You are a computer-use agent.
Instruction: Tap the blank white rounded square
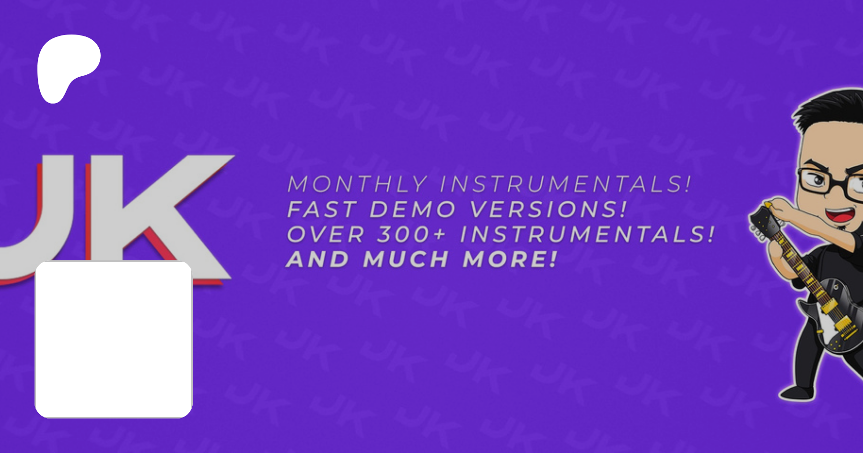point(114,339)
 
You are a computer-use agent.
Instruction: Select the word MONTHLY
point(357,185)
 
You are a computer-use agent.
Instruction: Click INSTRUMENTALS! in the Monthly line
point(566,185)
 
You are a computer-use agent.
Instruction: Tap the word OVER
point(326,234)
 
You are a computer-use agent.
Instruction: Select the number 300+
point(412,234)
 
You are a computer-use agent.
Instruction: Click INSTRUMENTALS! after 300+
point(587,234)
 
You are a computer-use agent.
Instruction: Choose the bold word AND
point(317,259)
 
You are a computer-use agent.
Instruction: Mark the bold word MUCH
point(406,259)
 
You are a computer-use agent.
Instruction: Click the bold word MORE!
point(510,259)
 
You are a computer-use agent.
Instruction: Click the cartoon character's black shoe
point(796,393)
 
